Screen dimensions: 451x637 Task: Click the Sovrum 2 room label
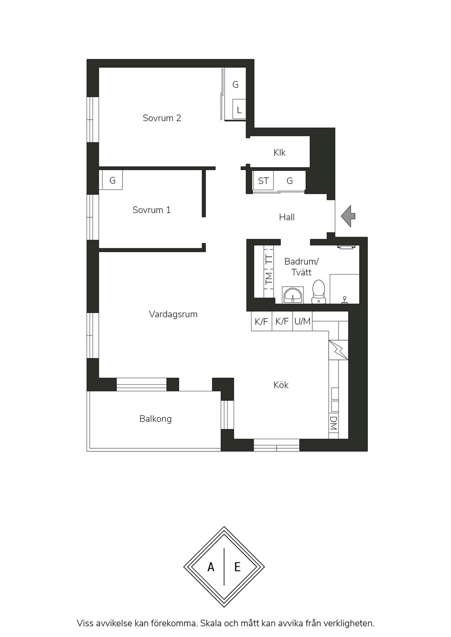tap(162, 118)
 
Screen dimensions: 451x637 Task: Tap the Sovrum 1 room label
tap(152, 210)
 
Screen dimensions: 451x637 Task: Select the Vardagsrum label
tap(173, 314)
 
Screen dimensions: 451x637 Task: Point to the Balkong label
tap(156, 419)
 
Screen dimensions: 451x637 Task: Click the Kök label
tap(281, 385)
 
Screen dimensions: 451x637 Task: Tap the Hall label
tap(287, 217)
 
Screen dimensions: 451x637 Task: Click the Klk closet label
tap(280, 153)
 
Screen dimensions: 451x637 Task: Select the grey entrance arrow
tap(348, 216)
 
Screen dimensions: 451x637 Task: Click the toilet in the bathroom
tap(319, 292)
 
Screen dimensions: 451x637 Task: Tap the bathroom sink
tap(293, 295)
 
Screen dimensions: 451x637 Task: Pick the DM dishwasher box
tap(334, 423)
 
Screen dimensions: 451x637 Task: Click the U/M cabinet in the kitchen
tap(302, 321)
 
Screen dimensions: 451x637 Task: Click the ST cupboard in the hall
tap(263, 181)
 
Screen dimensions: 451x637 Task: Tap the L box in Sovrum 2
tap(239, 109)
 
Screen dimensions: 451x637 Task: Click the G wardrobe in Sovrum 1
tap(112, 180)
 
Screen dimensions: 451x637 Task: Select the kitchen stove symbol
tap(338, 350)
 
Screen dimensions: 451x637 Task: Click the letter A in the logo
tap(211, 567)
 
